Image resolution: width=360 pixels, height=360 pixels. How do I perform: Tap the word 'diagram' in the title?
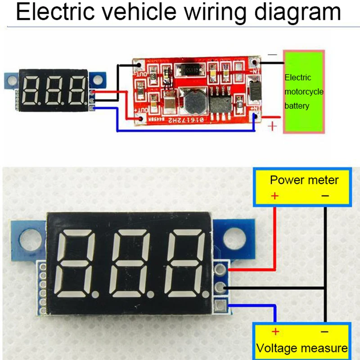pyautogui.click(x=297, y=13)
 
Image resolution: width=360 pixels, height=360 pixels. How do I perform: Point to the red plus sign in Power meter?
pyautogui.click(x=274, y=196)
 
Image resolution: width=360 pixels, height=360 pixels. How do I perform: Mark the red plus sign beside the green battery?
pyautogui.click(x=272, y=126)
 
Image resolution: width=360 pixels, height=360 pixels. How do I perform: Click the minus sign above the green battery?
pyautogui.click(x=273, y=55)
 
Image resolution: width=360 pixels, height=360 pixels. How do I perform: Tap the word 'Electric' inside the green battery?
pyautogui.click(x=298, y=77)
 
